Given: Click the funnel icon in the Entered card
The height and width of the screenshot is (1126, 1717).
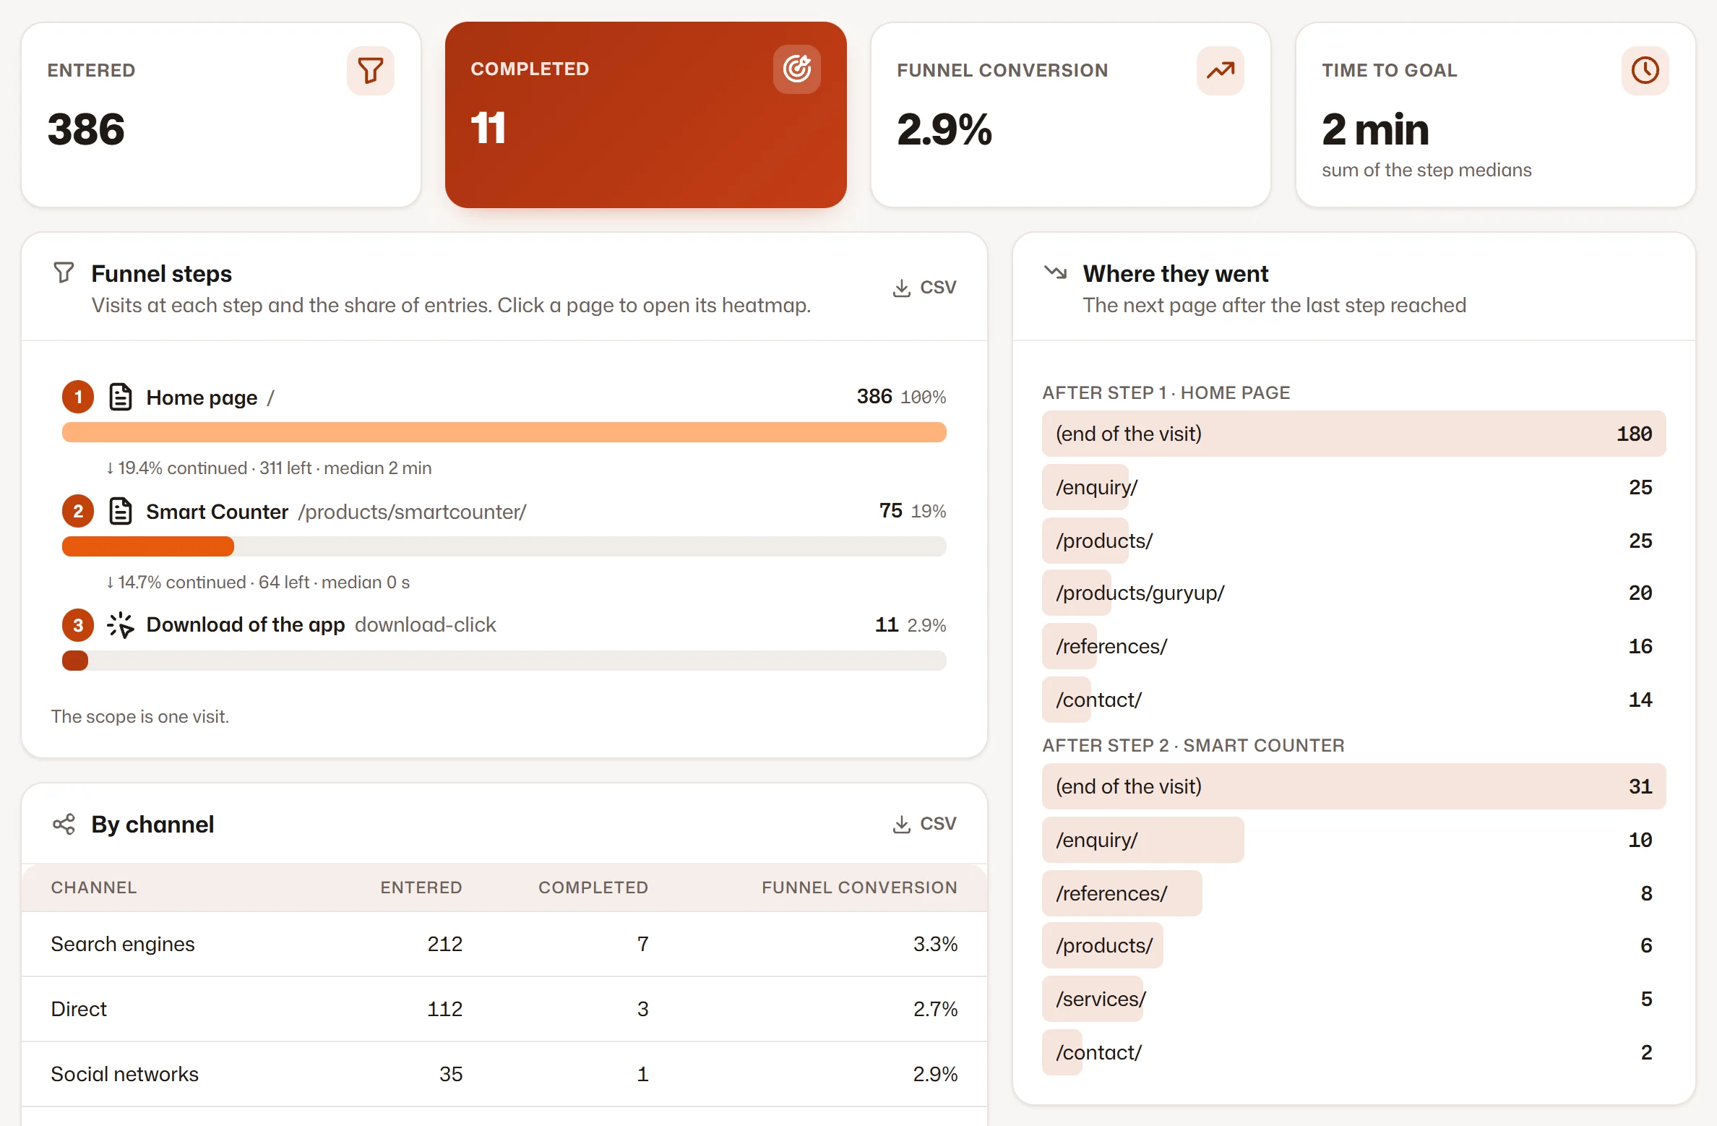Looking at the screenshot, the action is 371,70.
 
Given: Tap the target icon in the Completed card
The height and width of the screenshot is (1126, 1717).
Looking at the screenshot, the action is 797,69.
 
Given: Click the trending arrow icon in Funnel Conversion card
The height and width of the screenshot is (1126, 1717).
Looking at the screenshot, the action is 1221,70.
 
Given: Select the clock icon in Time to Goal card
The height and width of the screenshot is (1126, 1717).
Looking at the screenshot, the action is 1645,70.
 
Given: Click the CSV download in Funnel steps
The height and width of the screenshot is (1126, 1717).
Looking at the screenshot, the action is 925,288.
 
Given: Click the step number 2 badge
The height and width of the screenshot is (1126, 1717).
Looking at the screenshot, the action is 78,511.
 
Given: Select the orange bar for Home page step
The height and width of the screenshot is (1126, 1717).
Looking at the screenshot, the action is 504,432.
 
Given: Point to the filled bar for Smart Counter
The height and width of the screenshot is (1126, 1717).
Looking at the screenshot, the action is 148,546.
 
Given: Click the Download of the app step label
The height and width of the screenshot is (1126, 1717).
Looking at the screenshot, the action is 246,624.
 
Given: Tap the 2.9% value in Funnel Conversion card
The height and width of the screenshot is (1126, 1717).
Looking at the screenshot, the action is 944,129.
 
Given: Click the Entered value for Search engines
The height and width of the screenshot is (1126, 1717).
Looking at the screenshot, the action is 444,944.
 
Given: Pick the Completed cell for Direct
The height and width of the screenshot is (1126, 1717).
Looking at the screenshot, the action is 642,1009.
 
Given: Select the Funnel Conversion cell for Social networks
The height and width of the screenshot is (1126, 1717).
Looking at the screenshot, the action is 935,1074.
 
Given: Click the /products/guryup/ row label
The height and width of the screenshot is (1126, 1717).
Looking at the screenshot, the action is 1140,593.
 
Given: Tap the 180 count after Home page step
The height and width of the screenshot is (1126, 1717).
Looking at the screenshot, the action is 1635,434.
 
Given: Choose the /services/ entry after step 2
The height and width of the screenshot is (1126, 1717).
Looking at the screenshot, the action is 1101,999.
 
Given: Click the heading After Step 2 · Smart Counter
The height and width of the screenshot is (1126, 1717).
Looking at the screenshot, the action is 1193,745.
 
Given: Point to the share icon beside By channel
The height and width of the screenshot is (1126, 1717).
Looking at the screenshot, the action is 64,824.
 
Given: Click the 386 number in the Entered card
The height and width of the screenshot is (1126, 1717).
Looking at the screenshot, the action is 86,129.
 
